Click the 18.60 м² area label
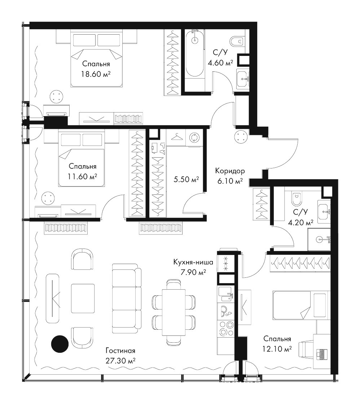click(96, 74)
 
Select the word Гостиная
click(120, 351)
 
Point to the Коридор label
click(230, 171)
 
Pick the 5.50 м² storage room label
click(186, 179)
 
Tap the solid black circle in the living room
click(60, 344)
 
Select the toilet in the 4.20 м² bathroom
click(297, 199)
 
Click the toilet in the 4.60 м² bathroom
click(237, 41)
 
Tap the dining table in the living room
click(174, 312)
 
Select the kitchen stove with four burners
click(226, 329)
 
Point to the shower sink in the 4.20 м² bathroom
click(319, 240)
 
